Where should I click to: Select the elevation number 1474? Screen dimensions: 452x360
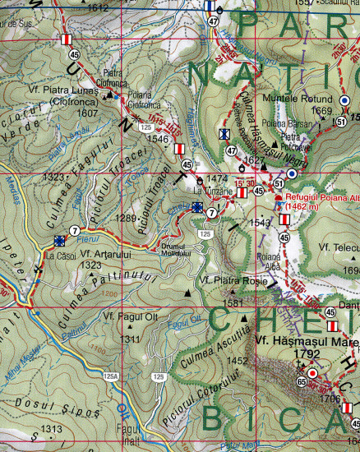tap(216, 178)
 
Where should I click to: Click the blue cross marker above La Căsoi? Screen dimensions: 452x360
tap(59, 241)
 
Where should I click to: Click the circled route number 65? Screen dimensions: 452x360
tap(302, 381)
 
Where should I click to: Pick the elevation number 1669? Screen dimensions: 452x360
tap(321, 111)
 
